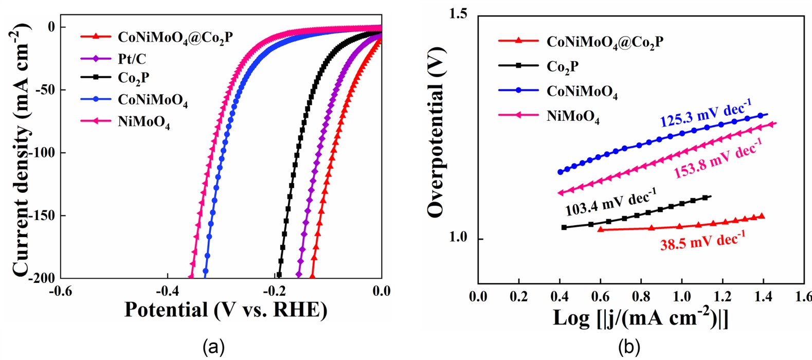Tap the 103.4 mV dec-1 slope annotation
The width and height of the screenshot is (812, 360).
(x=611, y=203)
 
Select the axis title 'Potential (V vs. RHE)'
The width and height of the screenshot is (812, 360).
(x=226, y=310)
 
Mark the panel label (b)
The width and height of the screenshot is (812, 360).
(x=629, y=348)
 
